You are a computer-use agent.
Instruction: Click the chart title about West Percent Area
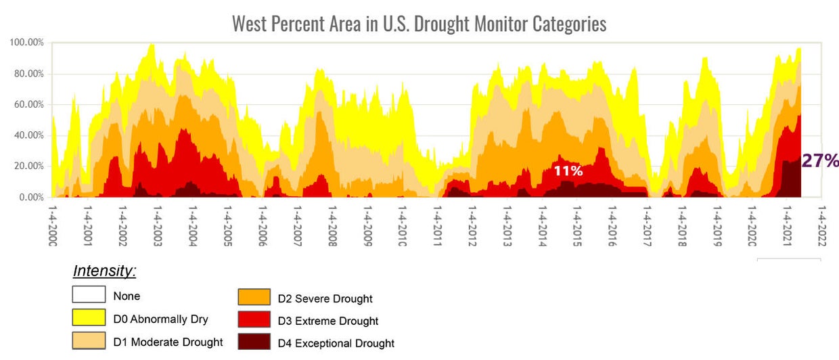[419, 24]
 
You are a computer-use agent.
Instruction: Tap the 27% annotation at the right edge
[820, 160]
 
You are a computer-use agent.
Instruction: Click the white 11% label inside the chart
[568, 171]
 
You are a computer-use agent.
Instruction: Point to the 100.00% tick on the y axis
[27, 43]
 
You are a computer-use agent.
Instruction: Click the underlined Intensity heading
[105, 272]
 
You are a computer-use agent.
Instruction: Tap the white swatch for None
[89, 295]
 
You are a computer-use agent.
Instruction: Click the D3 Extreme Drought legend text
[328, 321]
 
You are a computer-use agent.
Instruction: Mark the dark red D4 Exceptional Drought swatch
[254, 342]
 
